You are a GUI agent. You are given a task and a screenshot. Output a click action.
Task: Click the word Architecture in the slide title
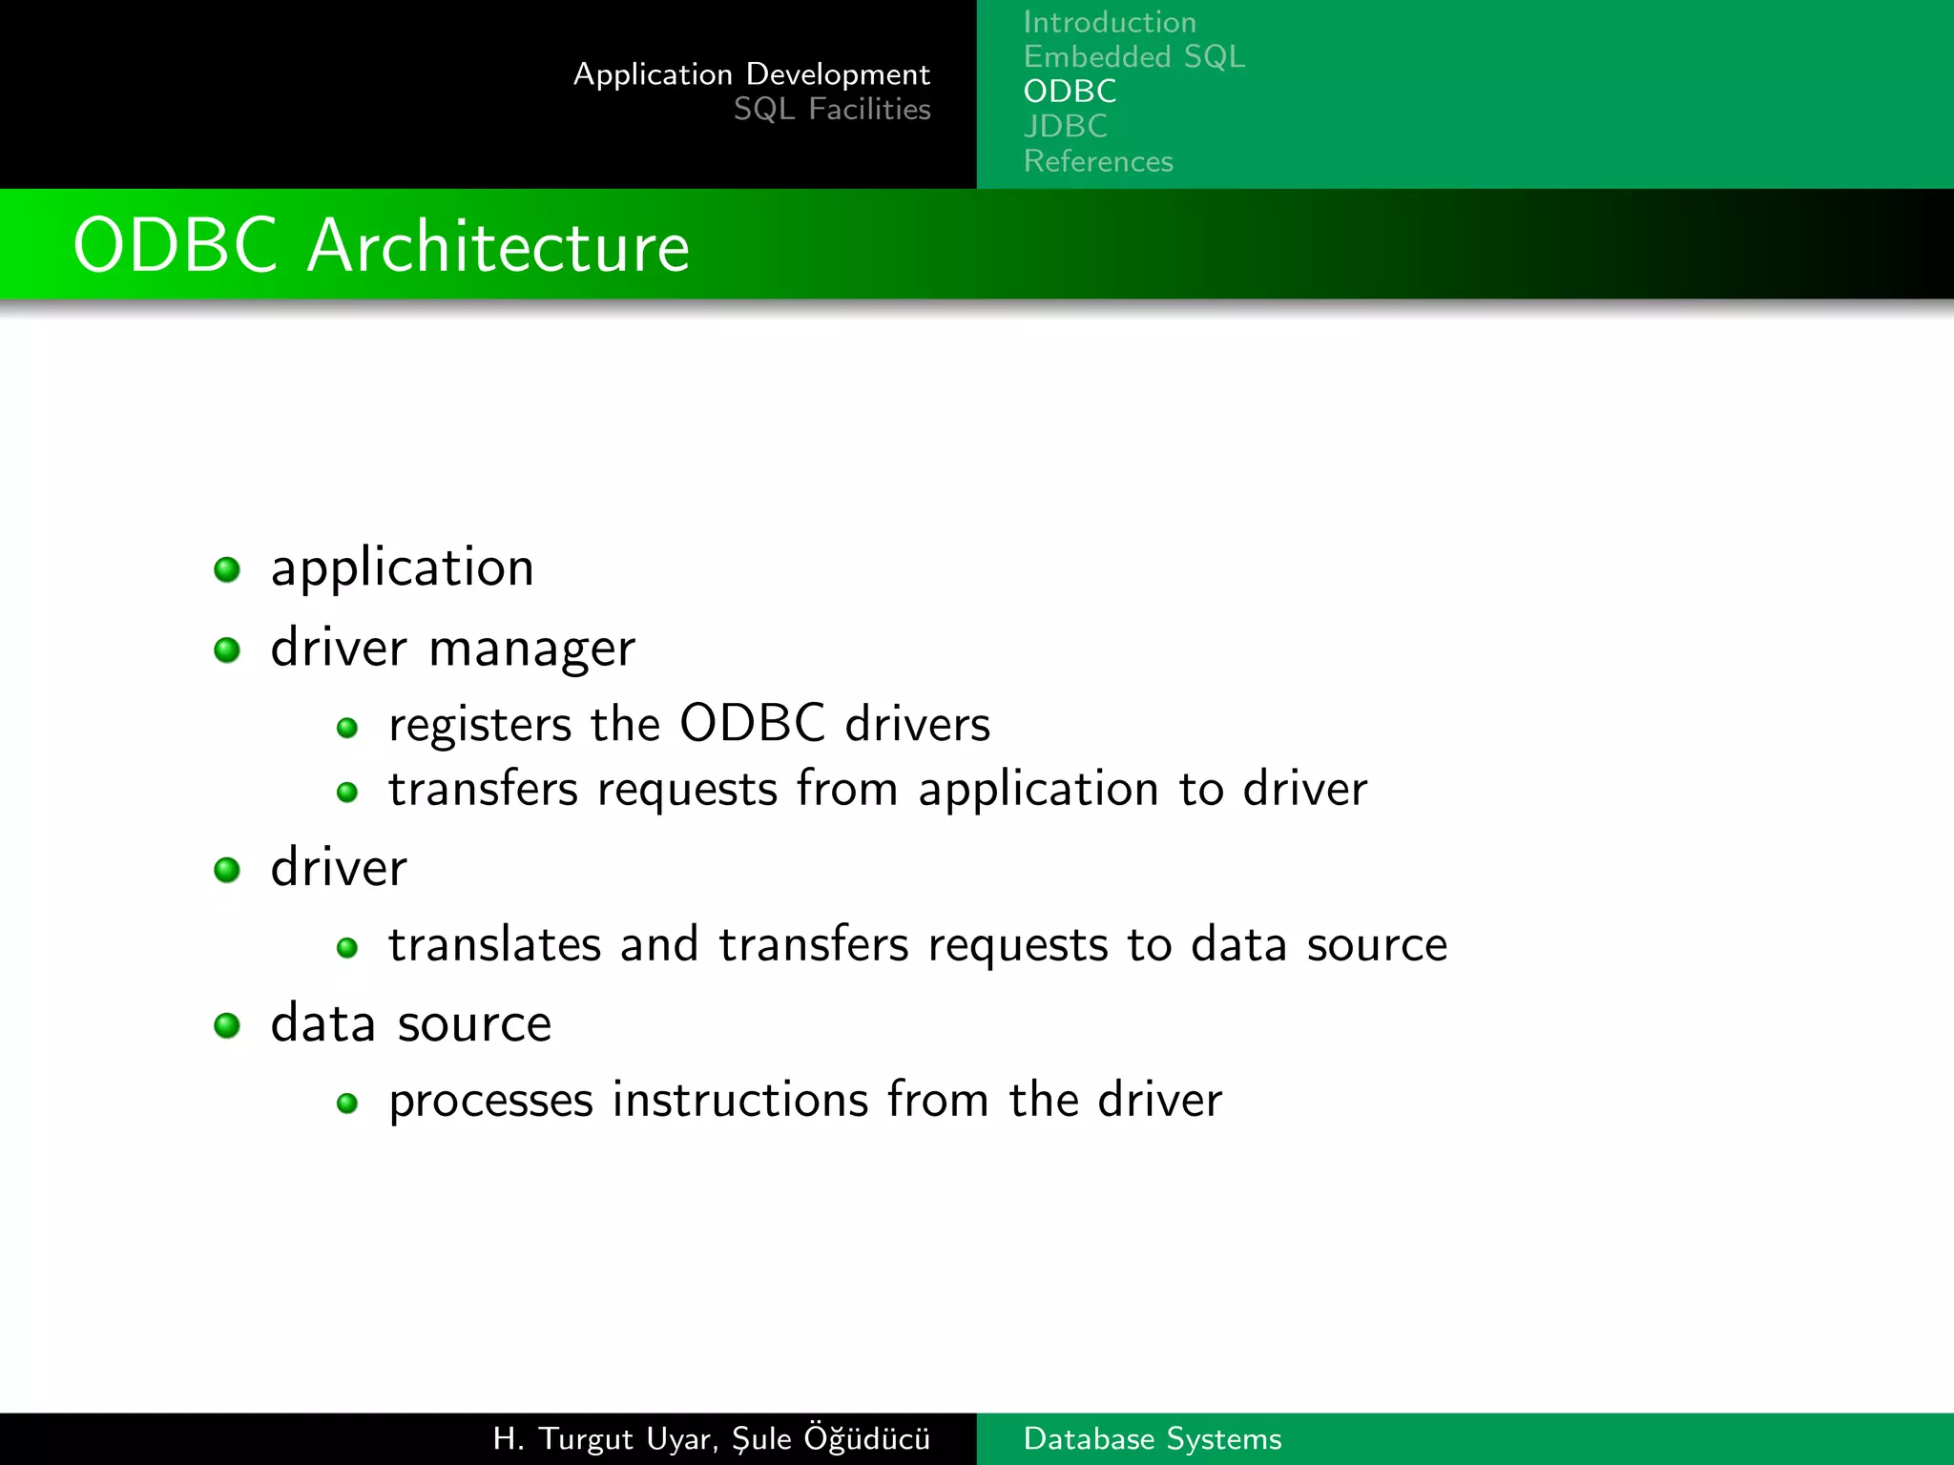[x=497, y=246]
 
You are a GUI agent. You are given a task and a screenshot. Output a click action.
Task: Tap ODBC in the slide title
[x=176, y=246]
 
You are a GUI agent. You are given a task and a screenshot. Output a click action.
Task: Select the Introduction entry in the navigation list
[x=1109, y=22]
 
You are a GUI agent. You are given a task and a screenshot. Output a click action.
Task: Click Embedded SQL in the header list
[x=1133, y=57]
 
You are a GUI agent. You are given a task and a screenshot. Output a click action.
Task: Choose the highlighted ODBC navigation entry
[x=1070, y=92]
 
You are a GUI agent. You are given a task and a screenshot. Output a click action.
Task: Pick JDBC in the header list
[x=1065, y=126]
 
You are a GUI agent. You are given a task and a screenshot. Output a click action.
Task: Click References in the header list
[x=1098, y=161]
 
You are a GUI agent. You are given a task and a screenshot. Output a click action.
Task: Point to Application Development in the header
[x=751, y=74]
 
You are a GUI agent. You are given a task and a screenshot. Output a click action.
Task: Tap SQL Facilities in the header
[x=831, y=110]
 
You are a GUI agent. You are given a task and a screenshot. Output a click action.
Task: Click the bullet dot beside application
[x=227, y=569]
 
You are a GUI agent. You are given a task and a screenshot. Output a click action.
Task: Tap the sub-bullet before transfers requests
[x=347, y=792]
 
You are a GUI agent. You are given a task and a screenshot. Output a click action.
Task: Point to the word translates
[x=494, y=944]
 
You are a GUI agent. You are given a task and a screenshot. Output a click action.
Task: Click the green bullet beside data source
[x=227, y=1025]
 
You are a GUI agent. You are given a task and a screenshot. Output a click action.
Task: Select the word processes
[x=490, y=1102]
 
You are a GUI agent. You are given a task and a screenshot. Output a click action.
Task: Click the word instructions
[x=739, y=1100]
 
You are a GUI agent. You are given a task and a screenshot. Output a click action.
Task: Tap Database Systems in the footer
[x=1152, y=1438]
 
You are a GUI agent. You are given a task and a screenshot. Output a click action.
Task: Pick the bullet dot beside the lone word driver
[x=227, y=870]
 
